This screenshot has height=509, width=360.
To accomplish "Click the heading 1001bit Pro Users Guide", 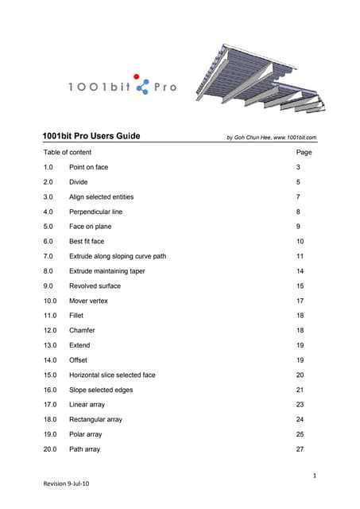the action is pyautogui.click(x=91, y=136).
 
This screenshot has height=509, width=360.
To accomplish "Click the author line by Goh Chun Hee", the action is pyautogui.click(x=272, y=138).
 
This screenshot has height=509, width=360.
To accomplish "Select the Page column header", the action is pyautogui.click(x=304, y=152).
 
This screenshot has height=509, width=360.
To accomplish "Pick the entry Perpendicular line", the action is pyautogui.click(x=96, y=212).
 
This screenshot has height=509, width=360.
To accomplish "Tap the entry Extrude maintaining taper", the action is pyautogui.click(x=107, y=271).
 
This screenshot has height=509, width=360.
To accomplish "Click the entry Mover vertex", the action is pyautogui.click(x=88, y=301).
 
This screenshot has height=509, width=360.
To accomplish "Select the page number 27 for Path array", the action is pyautogui.click(x=300, y=449).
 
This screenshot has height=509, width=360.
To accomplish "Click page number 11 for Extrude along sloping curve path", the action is pyautogui.click(x=300, y=257).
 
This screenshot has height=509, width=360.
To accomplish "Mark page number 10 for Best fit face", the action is pyautogui.click(x=300, y=242).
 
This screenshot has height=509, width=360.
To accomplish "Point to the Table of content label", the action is pyautogui.click(x=68, y=152).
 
